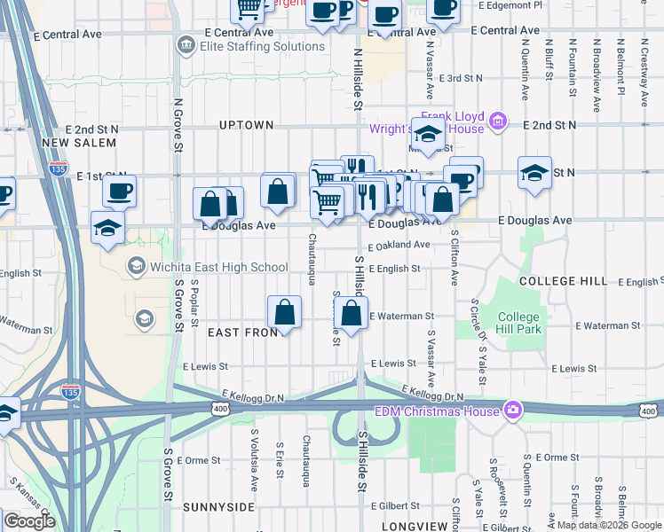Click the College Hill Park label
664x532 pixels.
518,324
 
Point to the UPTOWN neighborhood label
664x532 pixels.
246,125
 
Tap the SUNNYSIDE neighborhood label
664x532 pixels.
219,506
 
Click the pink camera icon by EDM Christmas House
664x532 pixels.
511,410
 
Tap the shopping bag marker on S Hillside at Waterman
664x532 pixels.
352,313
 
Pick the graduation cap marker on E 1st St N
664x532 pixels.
535,172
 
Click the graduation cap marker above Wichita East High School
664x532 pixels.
107,229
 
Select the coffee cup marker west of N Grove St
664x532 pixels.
119,191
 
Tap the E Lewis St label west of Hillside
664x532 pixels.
205,365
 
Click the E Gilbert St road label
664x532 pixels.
397,505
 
